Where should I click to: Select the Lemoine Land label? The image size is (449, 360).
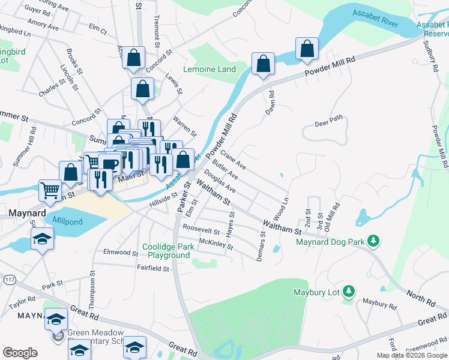(x=209, y=69)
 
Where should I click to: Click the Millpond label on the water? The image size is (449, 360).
(x=67, y=221)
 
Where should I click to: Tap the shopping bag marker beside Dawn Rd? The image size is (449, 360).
(x=263, y=64)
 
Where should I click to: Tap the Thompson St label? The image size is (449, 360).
(x=93, y=289)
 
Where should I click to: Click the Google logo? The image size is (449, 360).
(x=20, y=353)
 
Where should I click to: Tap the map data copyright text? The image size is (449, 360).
(x=412, y=355)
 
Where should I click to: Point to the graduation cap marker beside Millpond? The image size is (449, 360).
(x=41, y=239)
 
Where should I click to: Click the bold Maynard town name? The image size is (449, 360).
(x=24, y=212)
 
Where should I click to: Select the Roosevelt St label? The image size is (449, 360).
(x=202, y=229)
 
